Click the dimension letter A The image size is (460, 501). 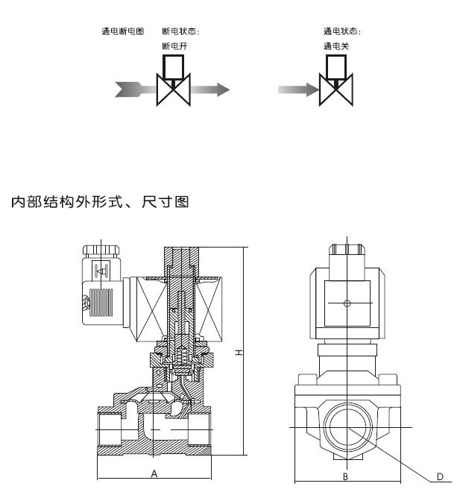pyautogui.click(x=154, y=473)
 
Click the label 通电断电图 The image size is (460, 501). pyautogui.click(x=122, y=31)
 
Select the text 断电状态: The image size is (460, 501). pyautogui.click(x=181, y=31)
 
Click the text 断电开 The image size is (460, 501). pyautogui.click(x=173, y=45)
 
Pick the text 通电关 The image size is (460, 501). pyautogui.click(x=335, y=45)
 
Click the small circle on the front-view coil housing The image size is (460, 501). pyautogui.click(x=346, y=303)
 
